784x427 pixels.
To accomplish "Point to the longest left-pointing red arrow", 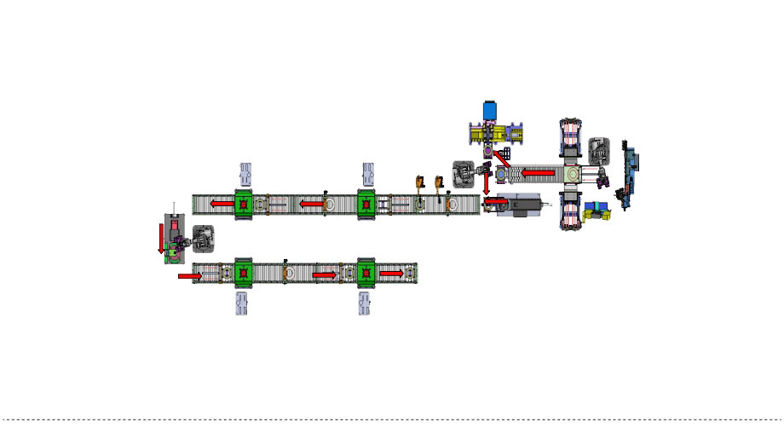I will [x=539, y=172].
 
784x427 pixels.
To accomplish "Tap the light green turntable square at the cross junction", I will [x=571, y=173].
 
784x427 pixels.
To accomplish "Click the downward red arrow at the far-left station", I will [x=160, y=238].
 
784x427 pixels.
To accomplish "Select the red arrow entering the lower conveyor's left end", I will [x=189, y=276].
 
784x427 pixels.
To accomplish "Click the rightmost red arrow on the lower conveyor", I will [x=391, y=274].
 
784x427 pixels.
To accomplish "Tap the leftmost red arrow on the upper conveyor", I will [x=222, y=205].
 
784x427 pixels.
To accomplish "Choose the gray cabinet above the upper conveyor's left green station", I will [x=245, y=174].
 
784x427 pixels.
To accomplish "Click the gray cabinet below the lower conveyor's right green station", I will [x=366, y=303].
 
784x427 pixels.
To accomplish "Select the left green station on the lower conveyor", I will [x=244, y=274].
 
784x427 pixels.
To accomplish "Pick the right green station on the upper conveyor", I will [x=366, y=205].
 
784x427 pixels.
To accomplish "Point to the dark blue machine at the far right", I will [x=631, y=176].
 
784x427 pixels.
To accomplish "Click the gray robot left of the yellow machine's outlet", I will [x=464, y=174].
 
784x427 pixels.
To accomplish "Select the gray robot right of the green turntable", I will [x=600, y=152].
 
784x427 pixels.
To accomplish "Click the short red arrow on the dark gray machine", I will [x=496, y=203].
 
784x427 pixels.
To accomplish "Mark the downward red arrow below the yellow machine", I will [x=487, y=182].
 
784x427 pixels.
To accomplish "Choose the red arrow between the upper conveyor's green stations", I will [x=312, y=205].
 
